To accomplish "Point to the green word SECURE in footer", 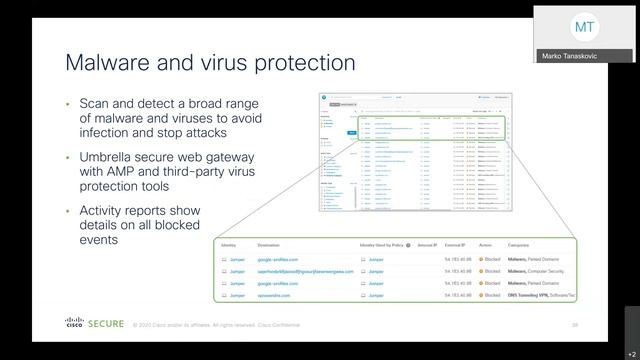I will (x=106, y=324).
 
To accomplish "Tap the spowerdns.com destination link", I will (x=278, y=296).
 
